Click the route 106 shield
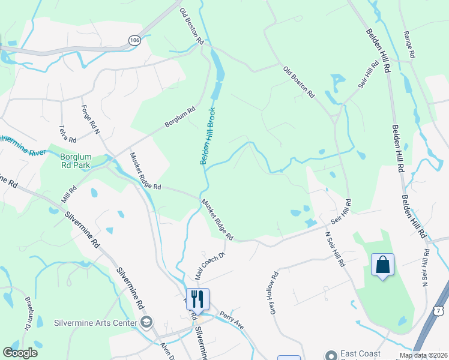click(x=134, y=40)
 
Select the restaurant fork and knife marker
click(x=197, y=298)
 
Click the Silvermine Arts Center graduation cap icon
click(x=146, y=323)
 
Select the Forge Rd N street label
click(x=91, y=119)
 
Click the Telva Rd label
click(x=67, y=133)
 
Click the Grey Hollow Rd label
click(x=274, y=293)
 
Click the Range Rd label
click(x=410, y=44)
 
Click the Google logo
click(x=20, y=353)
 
